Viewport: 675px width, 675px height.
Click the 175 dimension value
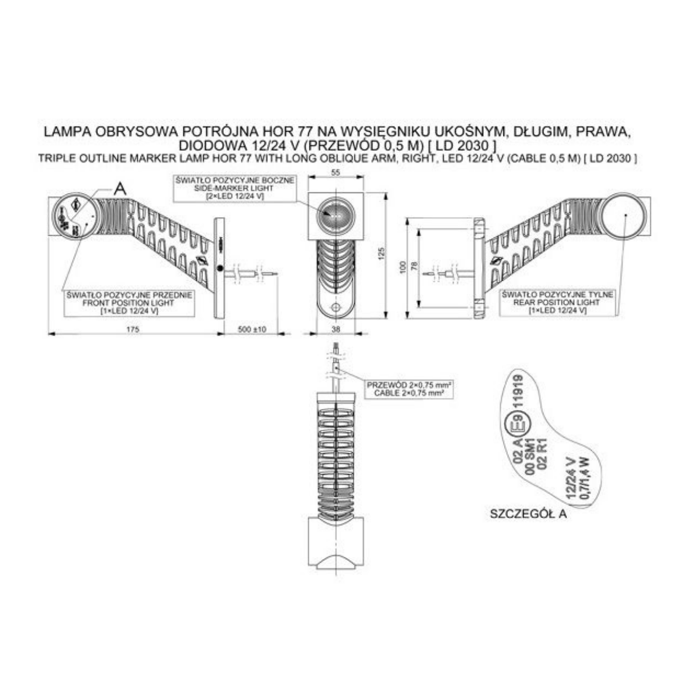click(133, 329)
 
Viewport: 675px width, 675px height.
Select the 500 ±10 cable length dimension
click(252, 329)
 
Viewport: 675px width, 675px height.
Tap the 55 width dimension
click(336, 172)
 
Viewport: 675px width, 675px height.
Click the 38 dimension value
click(336, 329)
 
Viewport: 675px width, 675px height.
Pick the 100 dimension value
click(403, 267)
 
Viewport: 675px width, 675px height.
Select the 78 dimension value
click(415, 266)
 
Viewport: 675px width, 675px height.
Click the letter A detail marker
click(120, 190)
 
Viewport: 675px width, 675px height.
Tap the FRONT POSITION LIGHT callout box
click(129, 303)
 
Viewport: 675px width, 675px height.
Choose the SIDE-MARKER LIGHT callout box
click(235, 188)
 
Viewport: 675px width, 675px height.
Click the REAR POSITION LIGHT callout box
click(557, 303)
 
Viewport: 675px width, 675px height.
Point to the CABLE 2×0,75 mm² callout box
click(409, 389)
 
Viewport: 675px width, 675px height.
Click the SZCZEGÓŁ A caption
click(528, 514)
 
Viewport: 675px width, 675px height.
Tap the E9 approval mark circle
click(517, 426)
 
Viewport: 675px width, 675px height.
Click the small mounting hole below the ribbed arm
click(336, 307)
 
